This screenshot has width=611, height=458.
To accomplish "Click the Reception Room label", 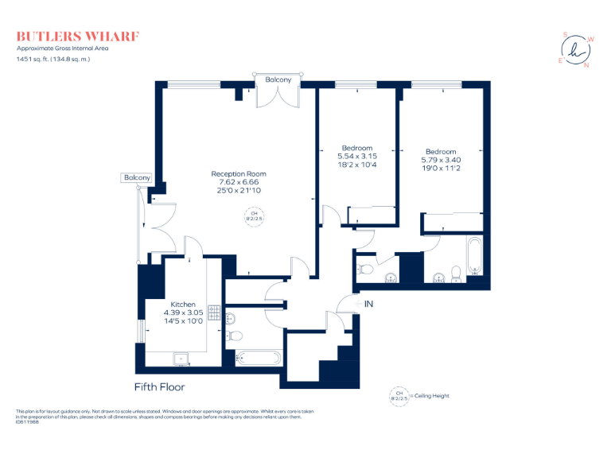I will pos(238,173).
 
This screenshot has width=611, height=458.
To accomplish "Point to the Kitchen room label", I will pos(183,305).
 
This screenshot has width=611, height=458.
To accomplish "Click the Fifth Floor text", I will pos(159,387).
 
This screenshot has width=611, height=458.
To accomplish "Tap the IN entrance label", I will pos(368,304).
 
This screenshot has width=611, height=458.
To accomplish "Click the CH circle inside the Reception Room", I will pos(255,216).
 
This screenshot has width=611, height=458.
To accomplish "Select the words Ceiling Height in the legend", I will pos(435,395).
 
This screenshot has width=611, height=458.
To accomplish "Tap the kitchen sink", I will pos(182,359).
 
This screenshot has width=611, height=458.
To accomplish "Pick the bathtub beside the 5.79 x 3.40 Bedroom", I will pos(475,256).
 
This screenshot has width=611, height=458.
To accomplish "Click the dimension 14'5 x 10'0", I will pos(183,321).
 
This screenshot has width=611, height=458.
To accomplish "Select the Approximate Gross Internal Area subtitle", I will pos(62,49).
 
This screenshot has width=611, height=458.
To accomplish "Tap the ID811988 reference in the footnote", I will pos(27,422).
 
